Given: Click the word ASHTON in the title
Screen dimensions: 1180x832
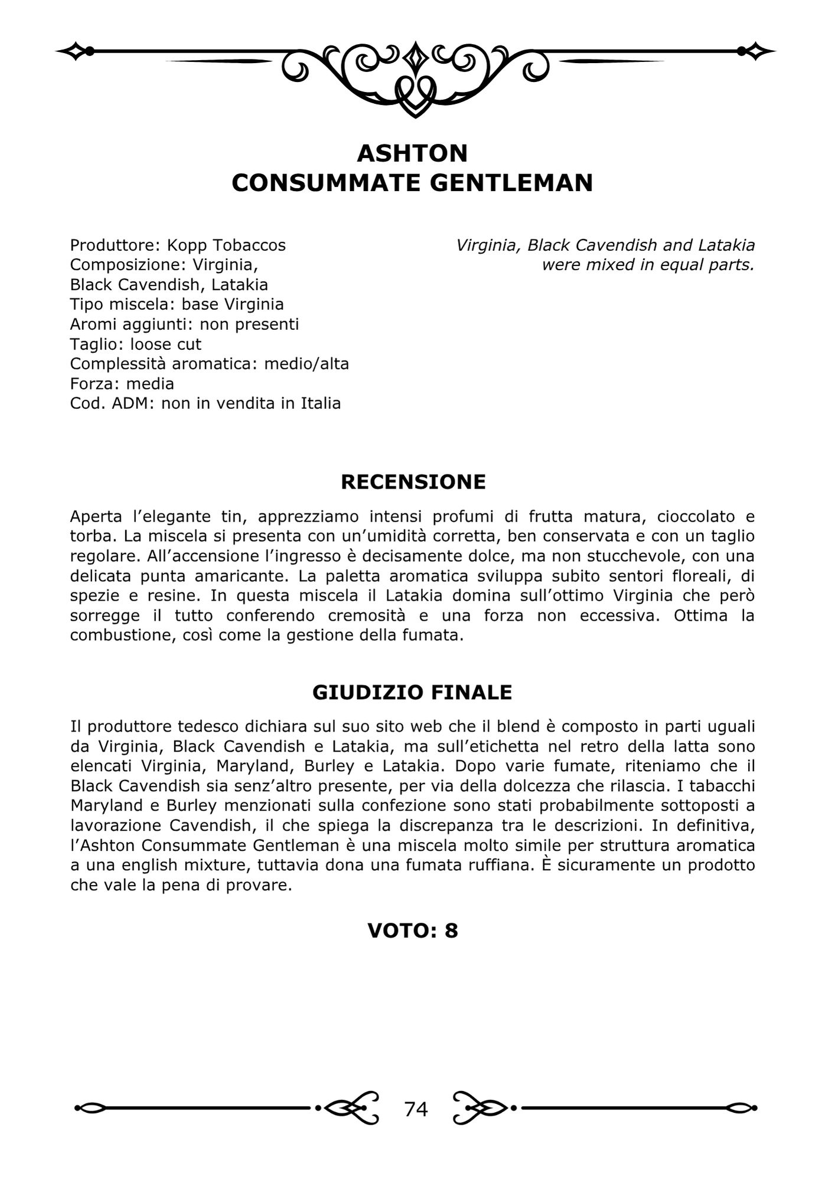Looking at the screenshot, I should (x=412, y=153).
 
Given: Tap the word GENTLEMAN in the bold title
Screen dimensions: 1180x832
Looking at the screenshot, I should (x=511, y=183).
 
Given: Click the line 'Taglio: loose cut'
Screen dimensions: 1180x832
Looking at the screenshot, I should (x=136, y=344).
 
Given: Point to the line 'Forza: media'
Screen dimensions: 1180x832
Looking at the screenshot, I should (x=122, y=383).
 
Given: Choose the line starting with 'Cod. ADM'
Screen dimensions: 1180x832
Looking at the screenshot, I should (x=205, y=404).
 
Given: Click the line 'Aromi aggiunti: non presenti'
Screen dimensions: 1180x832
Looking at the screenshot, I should (x=184, y=324).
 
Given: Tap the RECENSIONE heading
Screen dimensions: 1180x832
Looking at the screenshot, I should (x=413, y=482).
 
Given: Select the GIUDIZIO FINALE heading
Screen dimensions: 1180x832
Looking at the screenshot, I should (x=412, y=692).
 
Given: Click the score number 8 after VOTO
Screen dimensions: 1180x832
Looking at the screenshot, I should (x=451, y=930).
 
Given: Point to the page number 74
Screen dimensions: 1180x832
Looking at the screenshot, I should (x=416, y=1109).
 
